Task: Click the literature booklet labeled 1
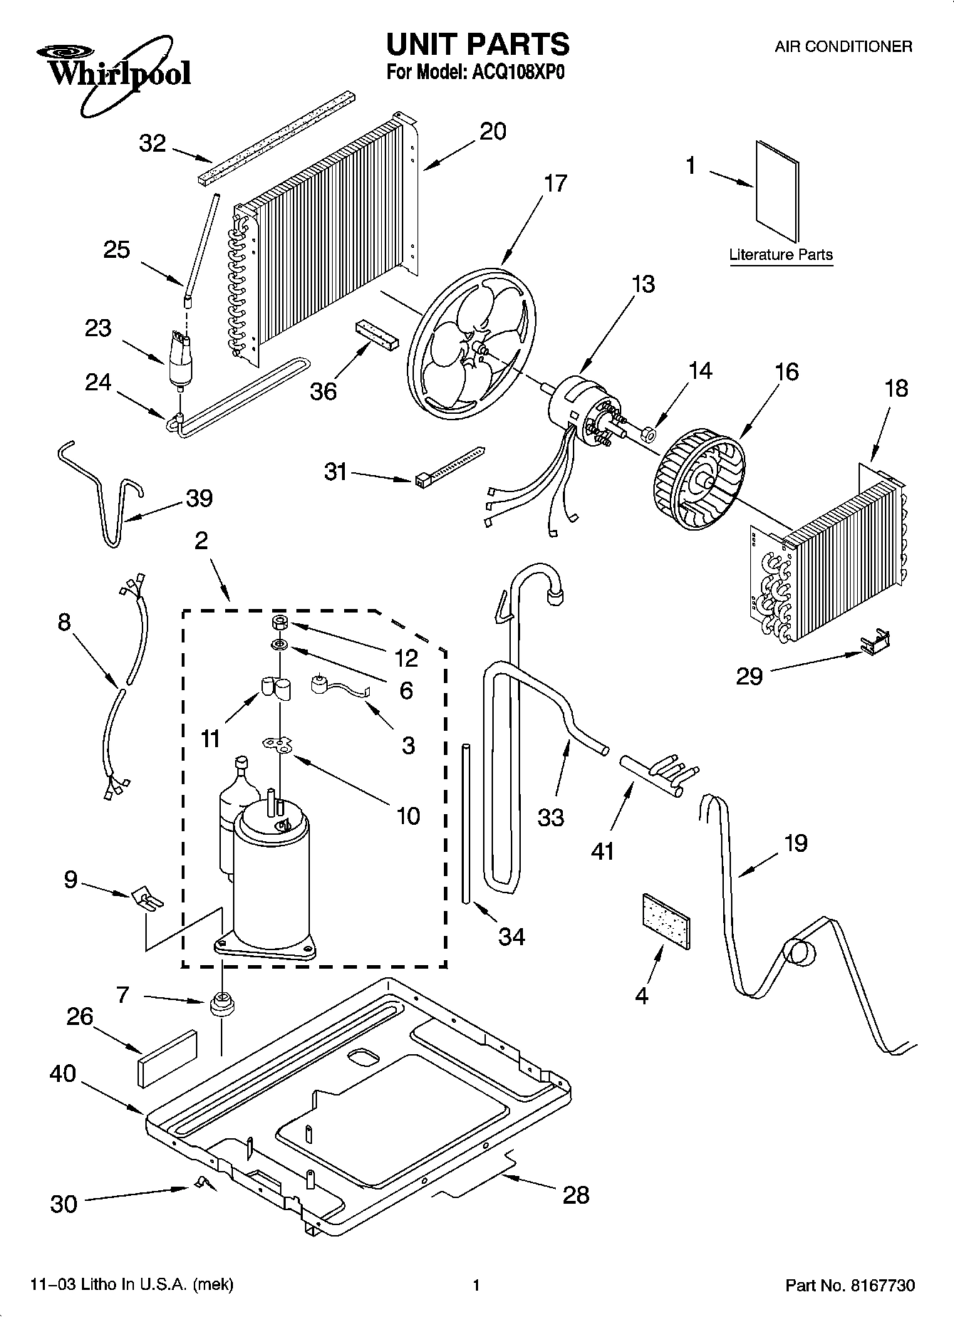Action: pyautogui.click(x=777, y=190)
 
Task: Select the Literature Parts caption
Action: pyautogui.click(x=780, y=254)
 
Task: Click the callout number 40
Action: pyautogui.click(x=63, y=1073)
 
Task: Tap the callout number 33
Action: pyautogui.click(x=551, y=817)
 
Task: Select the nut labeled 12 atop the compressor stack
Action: pyautogui.click(x=279, y=624)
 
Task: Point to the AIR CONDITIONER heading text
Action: pyautogui.click(x=843, y=47)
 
